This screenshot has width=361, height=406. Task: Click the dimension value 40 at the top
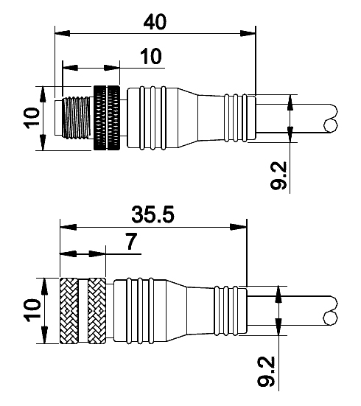155,22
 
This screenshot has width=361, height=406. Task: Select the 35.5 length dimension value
153,214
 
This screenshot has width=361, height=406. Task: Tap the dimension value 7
132,242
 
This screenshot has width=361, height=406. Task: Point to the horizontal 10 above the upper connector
151,56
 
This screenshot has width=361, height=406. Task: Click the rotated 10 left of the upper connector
32,118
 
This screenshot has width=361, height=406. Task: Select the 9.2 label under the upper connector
278,175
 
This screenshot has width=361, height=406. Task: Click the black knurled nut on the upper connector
107,118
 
